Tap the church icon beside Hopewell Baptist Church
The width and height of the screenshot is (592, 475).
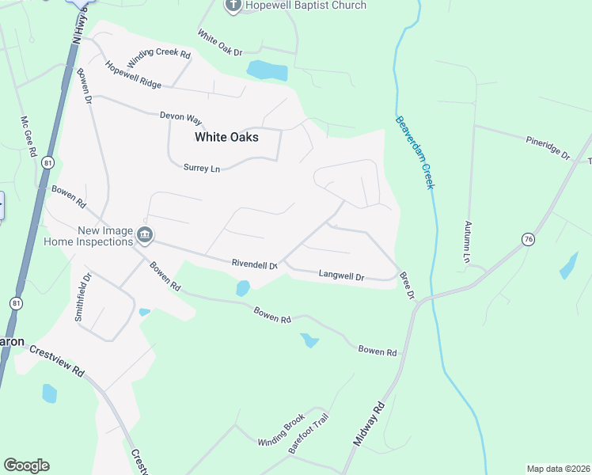click(233, 6)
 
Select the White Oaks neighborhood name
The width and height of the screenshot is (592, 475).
click(226, 137)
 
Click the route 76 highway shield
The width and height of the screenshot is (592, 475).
click(528, 238)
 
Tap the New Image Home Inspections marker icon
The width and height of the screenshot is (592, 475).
click(144, 234)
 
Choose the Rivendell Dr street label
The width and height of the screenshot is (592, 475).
click(254, 264)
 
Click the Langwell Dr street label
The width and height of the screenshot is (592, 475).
click(341, 276)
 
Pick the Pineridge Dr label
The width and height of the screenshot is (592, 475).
click(548, 147)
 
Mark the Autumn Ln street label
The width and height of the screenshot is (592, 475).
click(468, 241)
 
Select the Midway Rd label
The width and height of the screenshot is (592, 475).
click(369, 424)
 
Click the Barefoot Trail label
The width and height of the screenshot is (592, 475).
click(308, 433)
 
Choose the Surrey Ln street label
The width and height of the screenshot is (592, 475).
click(201, 168)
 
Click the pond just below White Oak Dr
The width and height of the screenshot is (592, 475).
click(267, 70)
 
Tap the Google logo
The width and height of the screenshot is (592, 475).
click(26, 465)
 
